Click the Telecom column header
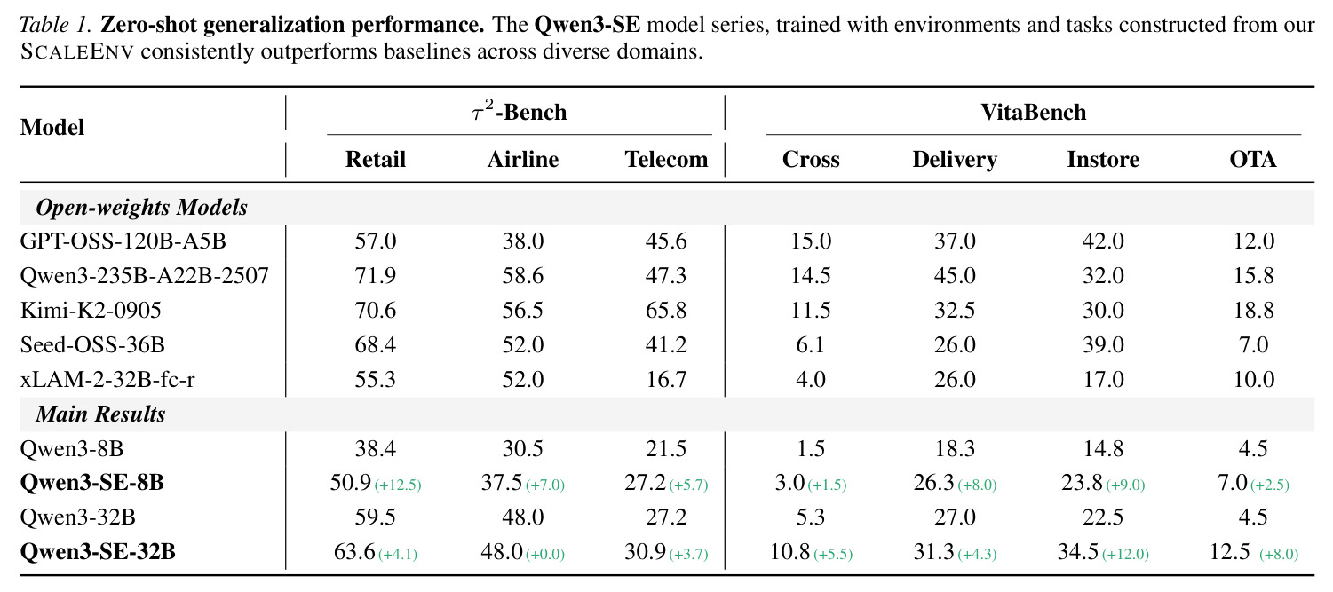coord(666,160)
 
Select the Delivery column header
coord(955,160)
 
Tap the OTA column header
coord(1253,160)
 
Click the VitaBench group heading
coord(1033,113)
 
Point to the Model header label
coord(52,127)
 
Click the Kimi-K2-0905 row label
coord(91,310)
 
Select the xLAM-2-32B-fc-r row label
coord(107,379)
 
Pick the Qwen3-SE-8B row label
coord(91,483)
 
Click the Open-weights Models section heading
coord(141,207)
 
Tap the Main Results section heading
coord(100,414)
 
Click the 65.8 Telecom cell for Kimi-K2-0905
coord(666,310)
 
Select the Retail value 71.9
coord(375,275)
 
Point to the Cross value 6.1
coord(811,344)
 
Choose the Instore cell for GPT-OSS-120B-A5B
coord(1103,241)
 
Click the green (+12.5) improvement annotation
coord(398,485)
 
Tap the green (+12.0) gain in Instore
coord(1125,555)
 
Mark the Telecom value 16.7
coord(666,379)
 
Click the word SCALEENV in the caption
coord(76,51)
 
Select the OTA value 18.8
coord(1253,310)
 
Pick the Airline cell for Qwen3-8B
coord(522,448)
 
